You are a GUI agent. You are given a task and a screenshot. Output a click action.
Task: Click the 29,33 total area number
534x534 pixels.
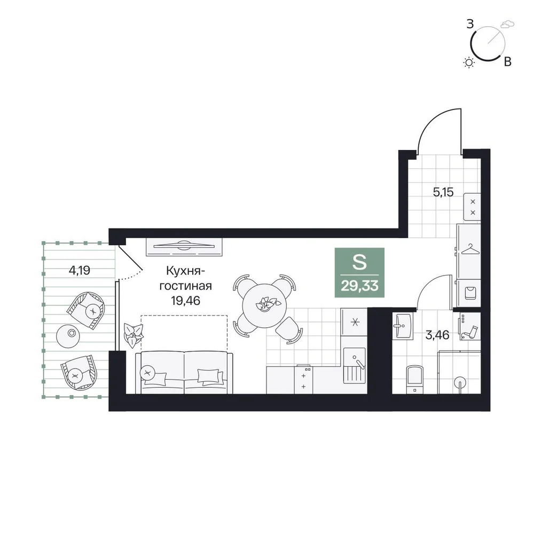[x=359, y=286]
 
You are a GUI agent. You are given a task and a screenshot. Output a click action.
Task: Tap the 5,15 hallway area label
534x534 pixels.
[x=443, y=192]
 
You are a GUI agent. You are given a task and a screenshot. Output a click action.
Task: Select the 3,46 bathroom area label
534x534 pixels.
[x=438, y=335]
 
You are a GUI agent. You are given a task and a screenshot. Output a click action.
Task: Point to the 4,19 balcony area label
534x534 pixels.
[x=80, y=270]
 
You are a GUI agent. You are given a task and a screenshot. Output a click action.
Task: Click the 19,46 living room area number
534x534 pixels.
[x=186, y=300]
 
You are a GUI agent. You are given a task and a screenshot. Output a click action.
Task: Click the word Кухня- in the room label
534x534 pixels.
[x=186, y=271]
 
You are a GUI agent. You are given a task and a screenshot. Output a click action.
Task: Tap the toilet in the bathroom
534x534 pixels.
[x=415, y=379]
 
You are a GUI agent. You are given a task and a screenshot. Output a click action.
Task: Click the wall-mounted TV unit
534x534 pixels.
[x=184, y=246]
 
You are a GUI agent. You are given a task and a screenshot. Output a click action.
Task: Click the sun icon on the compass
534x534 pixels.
[x=469, y=62]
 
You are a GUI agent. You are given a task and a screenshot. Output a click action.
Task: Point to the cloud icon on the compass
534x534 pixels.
[x=507, y=24]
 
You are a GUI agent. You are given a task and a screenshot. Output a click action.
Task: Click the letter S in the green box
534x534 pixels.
[x=359, y=262]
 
